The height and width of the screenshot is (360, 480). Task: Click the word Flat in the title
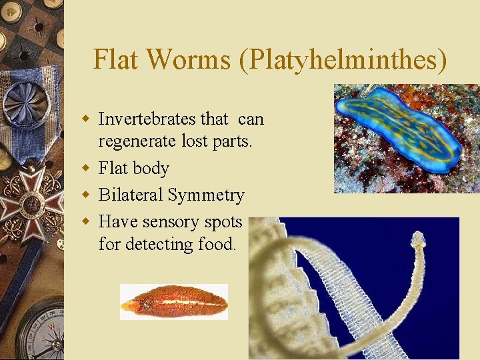tap(117, 59)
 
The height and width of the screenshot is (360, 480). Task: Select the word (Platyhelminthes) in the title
tap(342, 59)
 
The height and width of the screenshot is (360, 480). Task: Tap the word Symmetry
tap(206, 195)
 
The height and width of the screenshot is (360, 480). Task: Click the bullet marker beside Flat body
tap(85, 168)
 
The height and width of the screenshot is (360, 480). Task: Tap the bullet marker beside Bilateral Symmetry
tap(85, 195)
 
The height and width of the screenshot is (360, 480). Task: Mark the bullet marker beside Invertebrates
tap(85, 119)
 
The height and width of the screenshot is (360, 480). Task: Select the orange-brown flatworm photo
tap(174, 302)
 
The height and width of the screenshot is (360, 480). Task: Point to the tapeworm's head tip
tap(418, 238)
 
